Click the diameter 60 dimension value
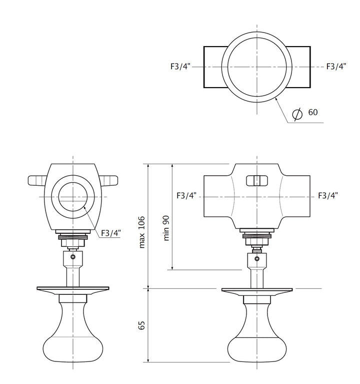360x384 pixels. [313, 112]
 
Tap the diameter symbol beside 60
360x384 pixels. [297, 114]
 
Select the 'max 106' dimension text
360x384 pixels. [142, 232]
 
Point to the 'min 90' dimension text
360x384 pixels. [166, 228]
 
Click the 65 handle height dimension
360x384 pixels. [141, 325]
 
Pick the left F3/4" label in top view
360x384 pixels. [180, 67]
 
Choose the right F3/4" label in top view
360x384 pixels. [336, 67]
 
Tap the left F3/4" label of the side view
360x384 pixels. [186, 195]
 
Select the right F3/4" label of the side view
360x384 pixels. [328, 195]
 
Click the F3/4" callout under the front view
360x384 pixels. [111, 233]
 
